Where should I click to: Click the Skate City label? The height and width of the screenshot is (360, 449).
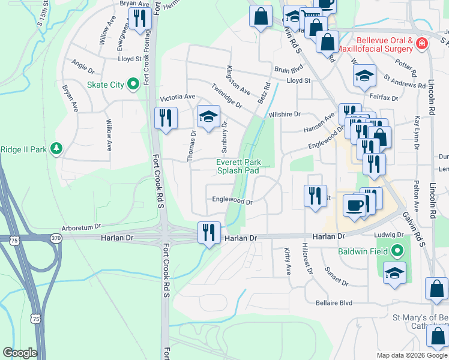coord(105,85)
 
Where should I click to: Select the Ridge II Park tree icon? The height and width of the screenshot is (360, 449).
coord(56,148)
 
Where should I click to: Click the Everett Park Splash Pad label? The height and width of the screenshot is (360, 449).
coord(238,166)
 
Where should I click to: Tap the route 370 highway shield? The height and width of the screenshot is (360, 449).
coord(55,239)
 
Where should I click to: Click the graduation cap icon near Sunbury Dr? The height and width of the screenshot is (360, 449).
coord(208,117)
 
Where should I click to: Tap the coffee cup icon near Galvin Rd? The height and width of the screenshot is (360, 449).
coord(354,205)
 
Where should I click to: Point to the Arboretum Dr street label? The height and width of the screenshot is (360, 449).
coord(80,228)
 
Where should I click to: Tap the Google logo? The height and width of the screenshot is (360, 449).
coord(20,353)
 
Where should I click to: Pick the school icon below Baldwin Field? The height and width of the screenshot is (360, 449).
coord(394,272)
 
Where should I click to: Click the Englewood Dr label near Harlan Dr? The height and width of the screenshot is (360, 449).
coord(232,202)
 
